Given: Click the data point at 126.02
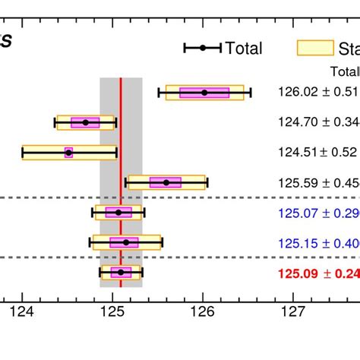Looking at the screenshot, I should click(204, 93).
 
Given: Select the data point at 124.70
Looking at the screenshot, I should click(85, 122).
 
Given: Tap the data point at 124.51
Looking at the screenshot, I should click(68, 153).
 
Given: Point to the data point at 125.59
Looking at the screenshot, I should click(166, 182).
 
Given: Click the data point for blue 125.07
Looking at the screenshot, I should click(118, 212).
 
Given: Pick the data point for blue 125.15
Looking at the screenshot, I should click(126, 242).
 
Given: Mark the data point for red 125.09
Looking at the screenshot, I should click(121, 272).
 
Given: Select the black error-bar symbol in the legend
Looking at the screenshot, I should click(203, 49).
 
